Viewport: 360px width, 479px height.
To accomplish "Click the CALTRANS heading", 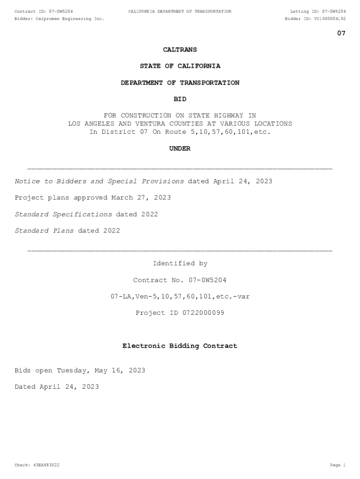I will pyautogui.click(x=180, y=50).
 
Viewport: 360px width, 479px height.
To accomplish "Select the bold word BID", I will pyautogui.click(x=180, y=99).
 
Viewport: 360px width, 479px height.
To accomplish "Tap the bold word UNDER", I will pyautogui.click(x=180, y=149).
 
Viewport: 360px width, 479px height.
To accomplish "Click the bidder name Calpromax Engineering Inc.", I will pyautogui.click(x=70, y=19).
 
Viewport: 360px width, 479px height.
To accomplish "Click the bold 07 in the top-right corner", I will pyautogui.click(x=341, y=33).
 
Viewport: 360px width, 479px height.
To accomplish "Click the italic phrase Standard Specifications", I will pyautogui.click(x=63, y=214).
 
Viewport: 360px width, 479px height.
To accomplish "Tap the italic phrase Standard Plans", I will pyautogui.click(x=44, y=231).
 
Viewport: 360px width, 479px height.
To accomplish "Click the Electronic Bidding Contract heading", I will pyautogui.click(x=180, y=346).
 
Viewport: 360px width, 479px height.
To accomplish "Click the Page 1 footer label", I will pyautogui.click(x=337, y=465).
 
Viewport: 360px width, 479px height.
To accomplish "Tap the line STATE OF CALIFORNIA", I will pyautogui.click(x=180, y=66).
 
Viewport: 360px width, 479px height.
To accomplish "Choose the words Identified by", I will pyautogui.click(x=180, y=264).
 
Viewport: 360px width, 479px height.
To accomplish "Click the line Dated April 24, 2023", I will pyautogui.click(x=57, y=387).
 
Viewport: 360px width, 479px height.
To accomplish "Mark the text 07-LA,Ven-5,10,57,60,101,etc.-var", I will pyautogui.click(x=180, y=297).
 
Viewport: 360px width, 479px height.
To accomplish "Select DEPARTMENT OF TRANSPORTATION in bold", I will pyautogui.click(x=180, y=83).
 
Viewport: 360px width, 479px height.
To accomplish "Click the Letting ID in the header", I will pyautogui.click(x=318, y=11).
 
